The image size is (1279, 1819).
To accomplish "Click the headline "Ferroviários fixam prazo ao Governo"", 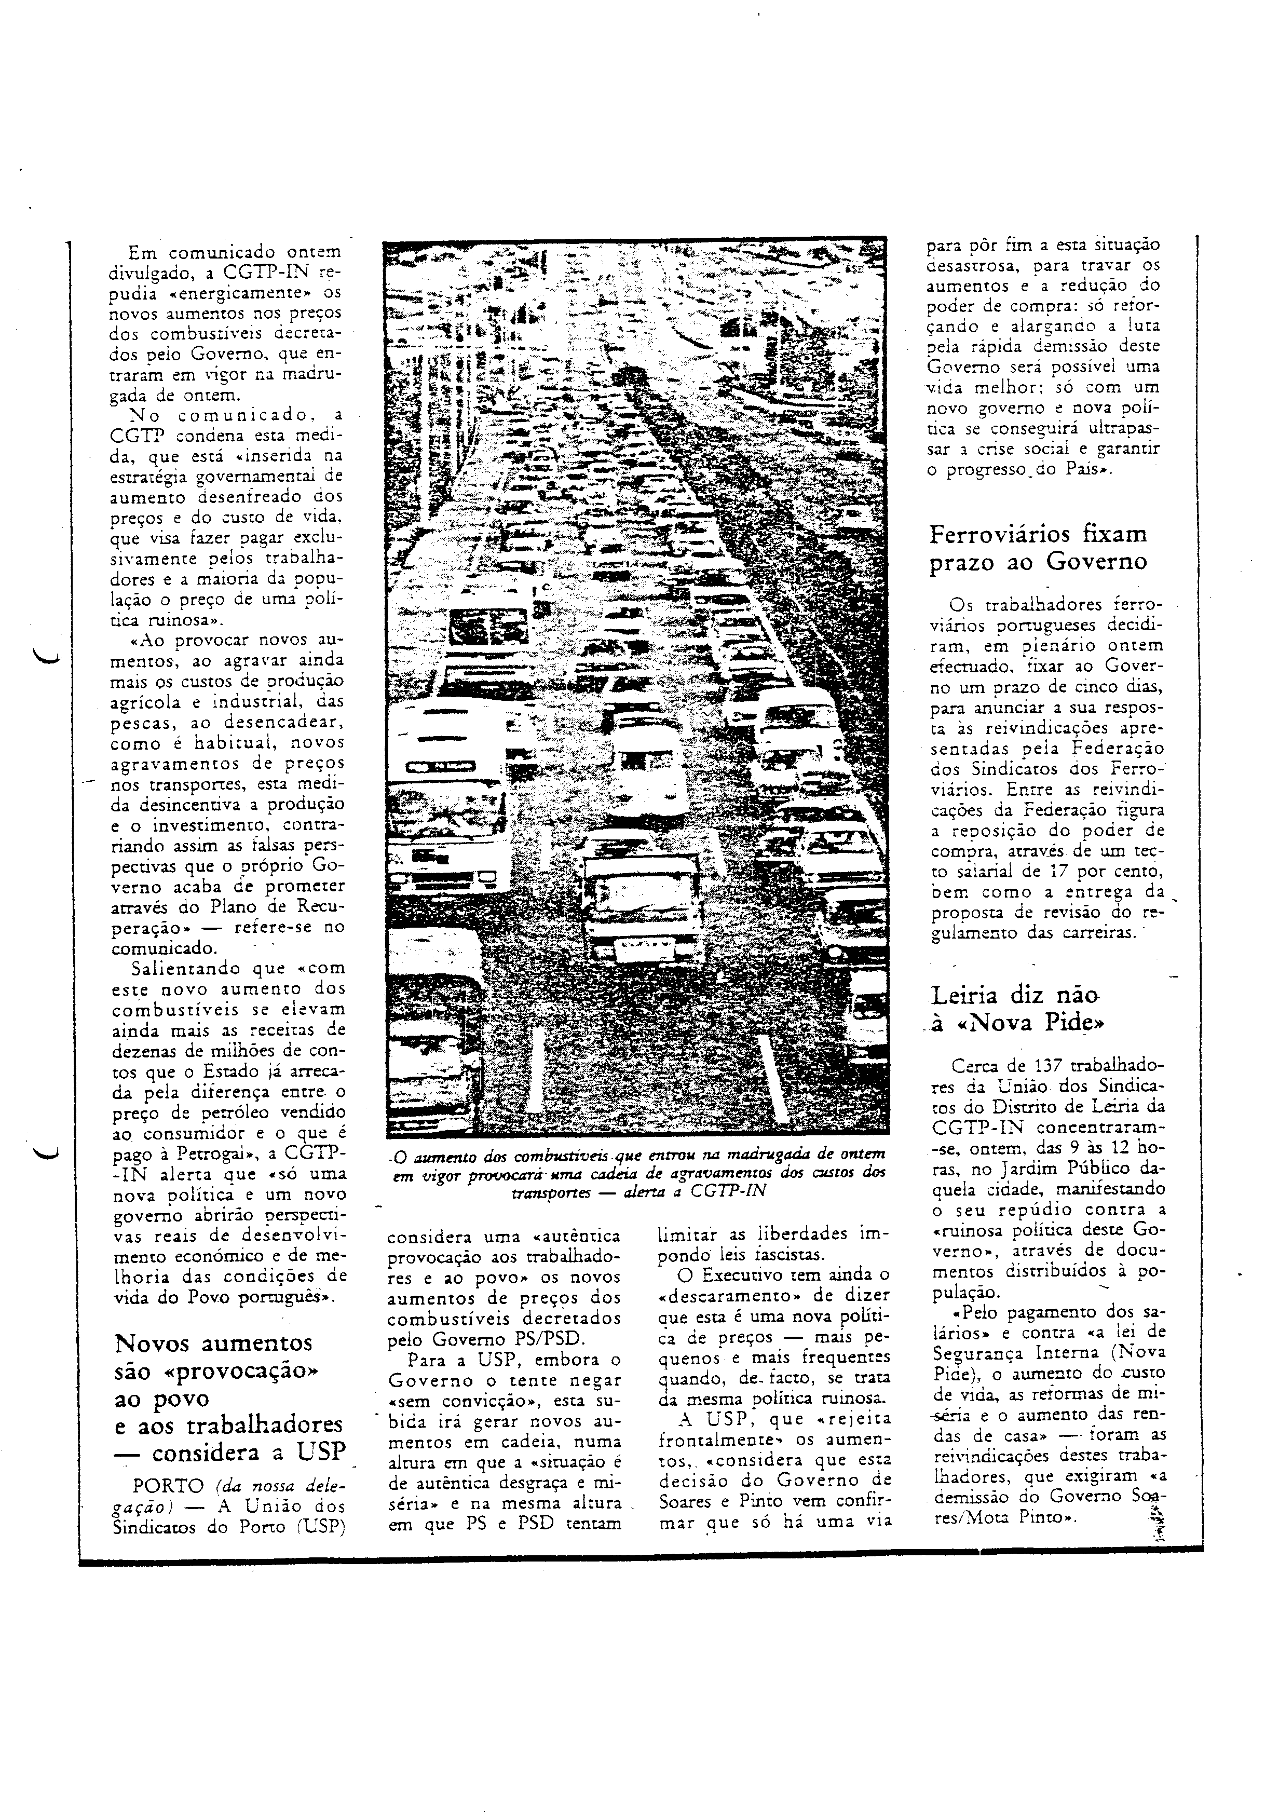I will [1038, 548].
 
